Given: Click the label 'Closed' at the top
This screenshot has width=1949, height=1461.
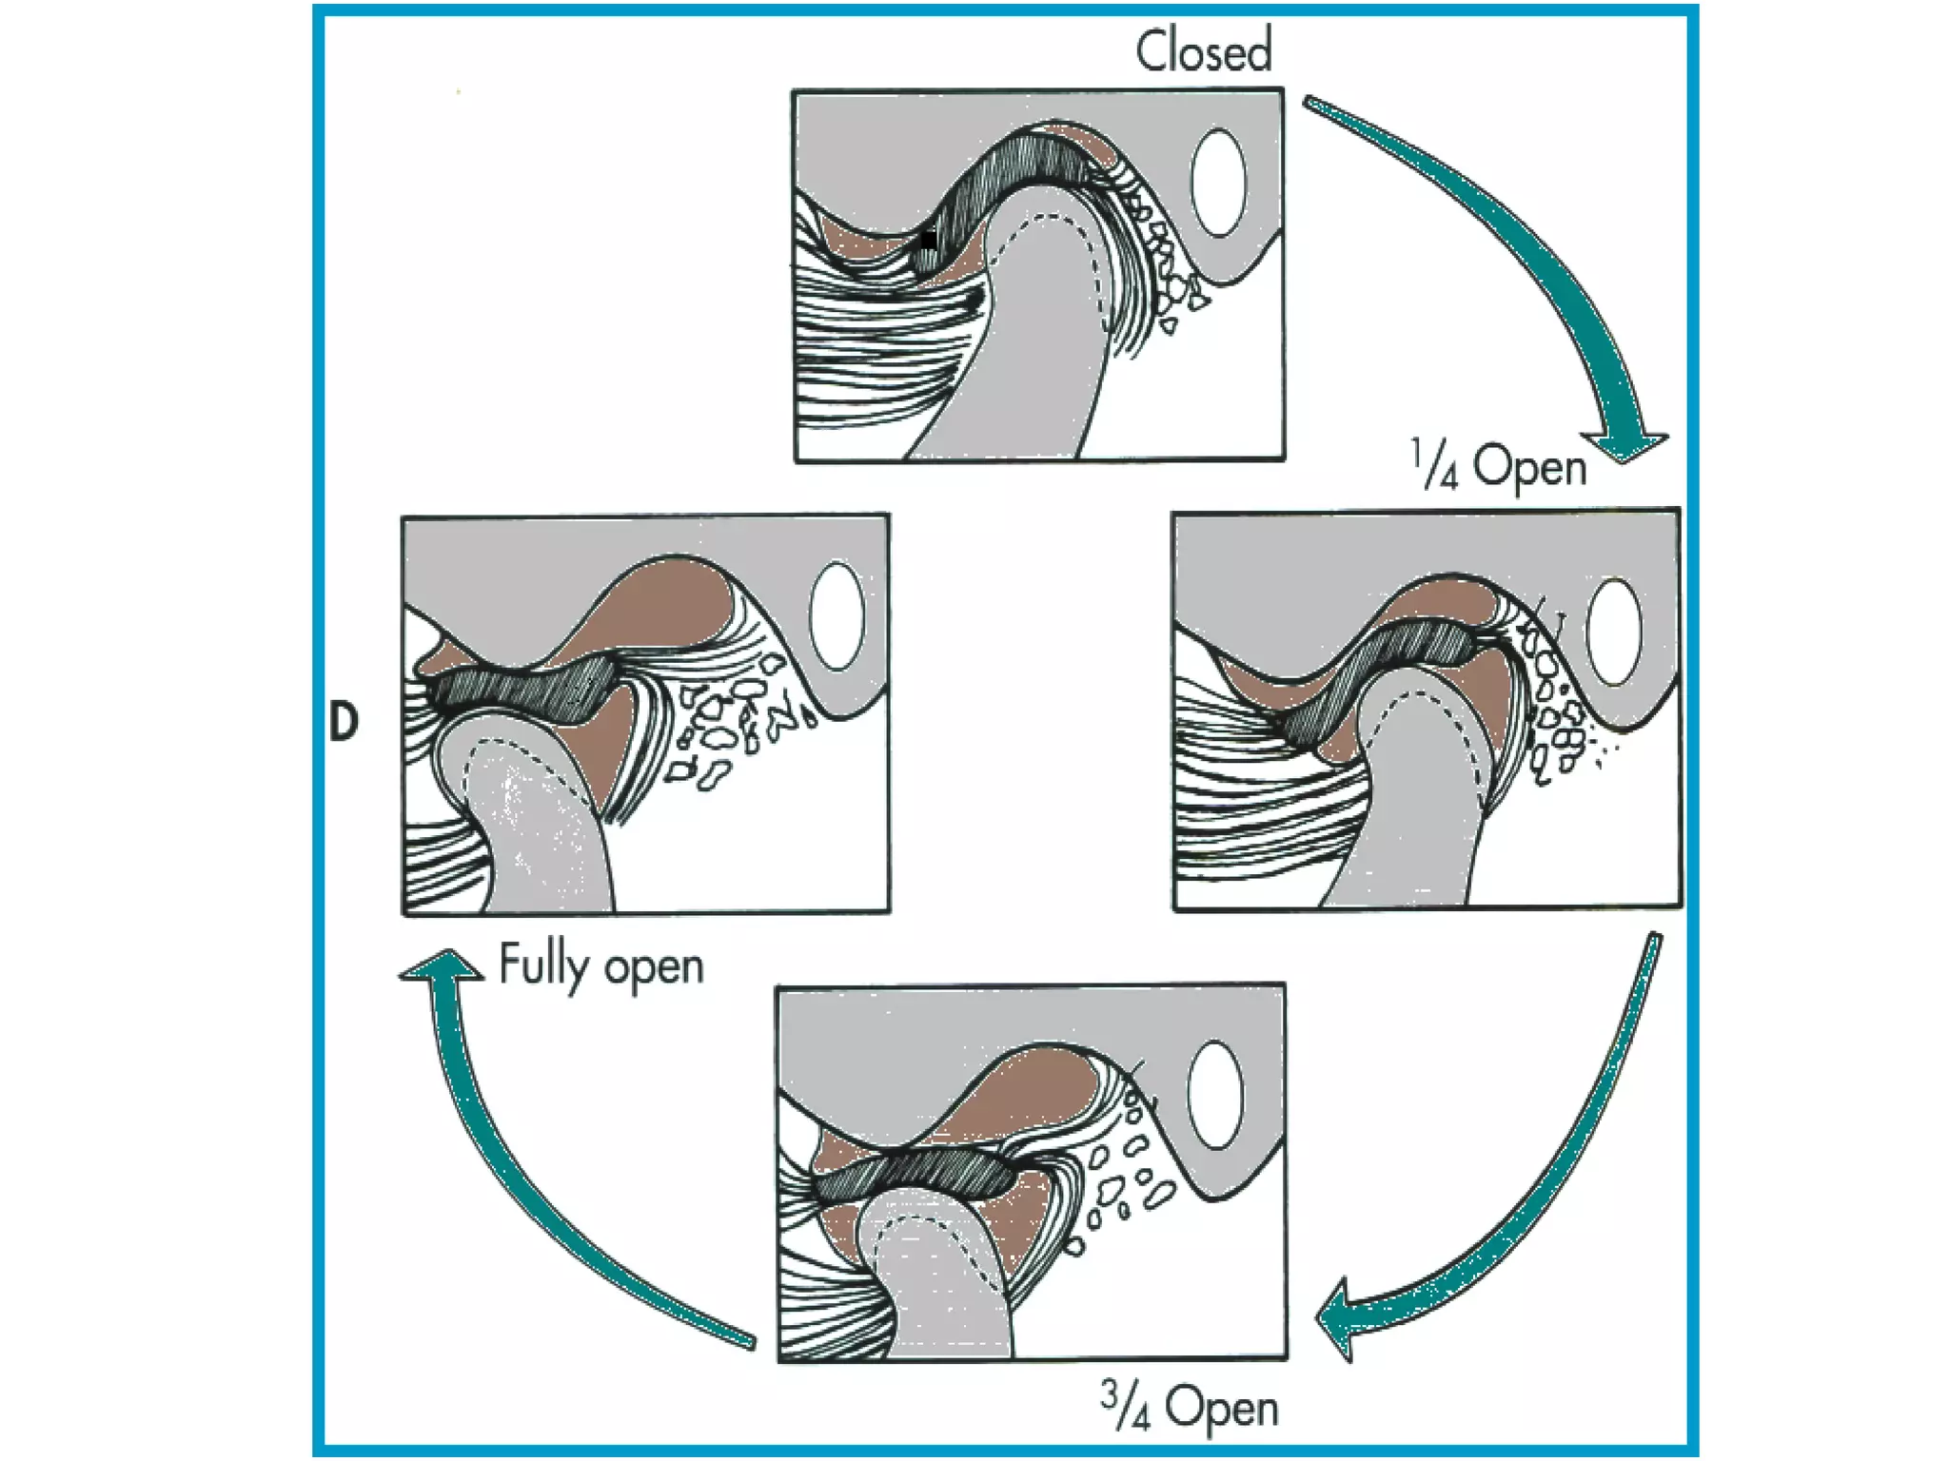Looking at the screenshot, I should point(1203,51).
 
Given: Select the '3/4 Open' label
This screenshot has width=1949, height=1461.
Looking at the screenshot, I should point(1189,1407).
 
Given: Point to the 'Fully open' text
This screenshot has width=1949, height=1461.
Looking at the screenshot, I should point(600,966).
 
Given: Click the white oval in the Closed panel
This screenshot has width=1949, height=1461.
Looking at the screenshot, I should point(1218,183).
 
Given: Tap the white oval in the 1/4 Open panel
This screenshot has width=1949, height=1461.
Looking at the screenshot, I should point(1614,632).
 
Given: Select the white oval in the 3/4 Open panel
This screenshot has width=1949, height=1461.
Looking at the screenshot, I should point(1216,1094).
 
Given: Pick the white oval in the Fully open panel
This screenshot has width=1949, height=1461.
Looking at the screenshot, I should point(837,615).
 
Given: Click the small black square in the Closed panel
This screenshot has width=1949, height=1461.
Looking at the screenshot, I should point(929,239).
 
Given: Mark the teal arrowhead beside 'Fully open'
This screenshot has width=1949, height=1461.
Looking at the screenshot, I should point(442,965).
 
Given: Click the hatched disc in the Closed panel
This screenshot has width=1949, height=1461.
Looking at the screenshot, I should point(1009,171).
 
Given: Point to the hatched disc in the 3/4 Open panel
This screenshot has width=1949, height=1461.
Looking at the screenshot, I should point(914,1176).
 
